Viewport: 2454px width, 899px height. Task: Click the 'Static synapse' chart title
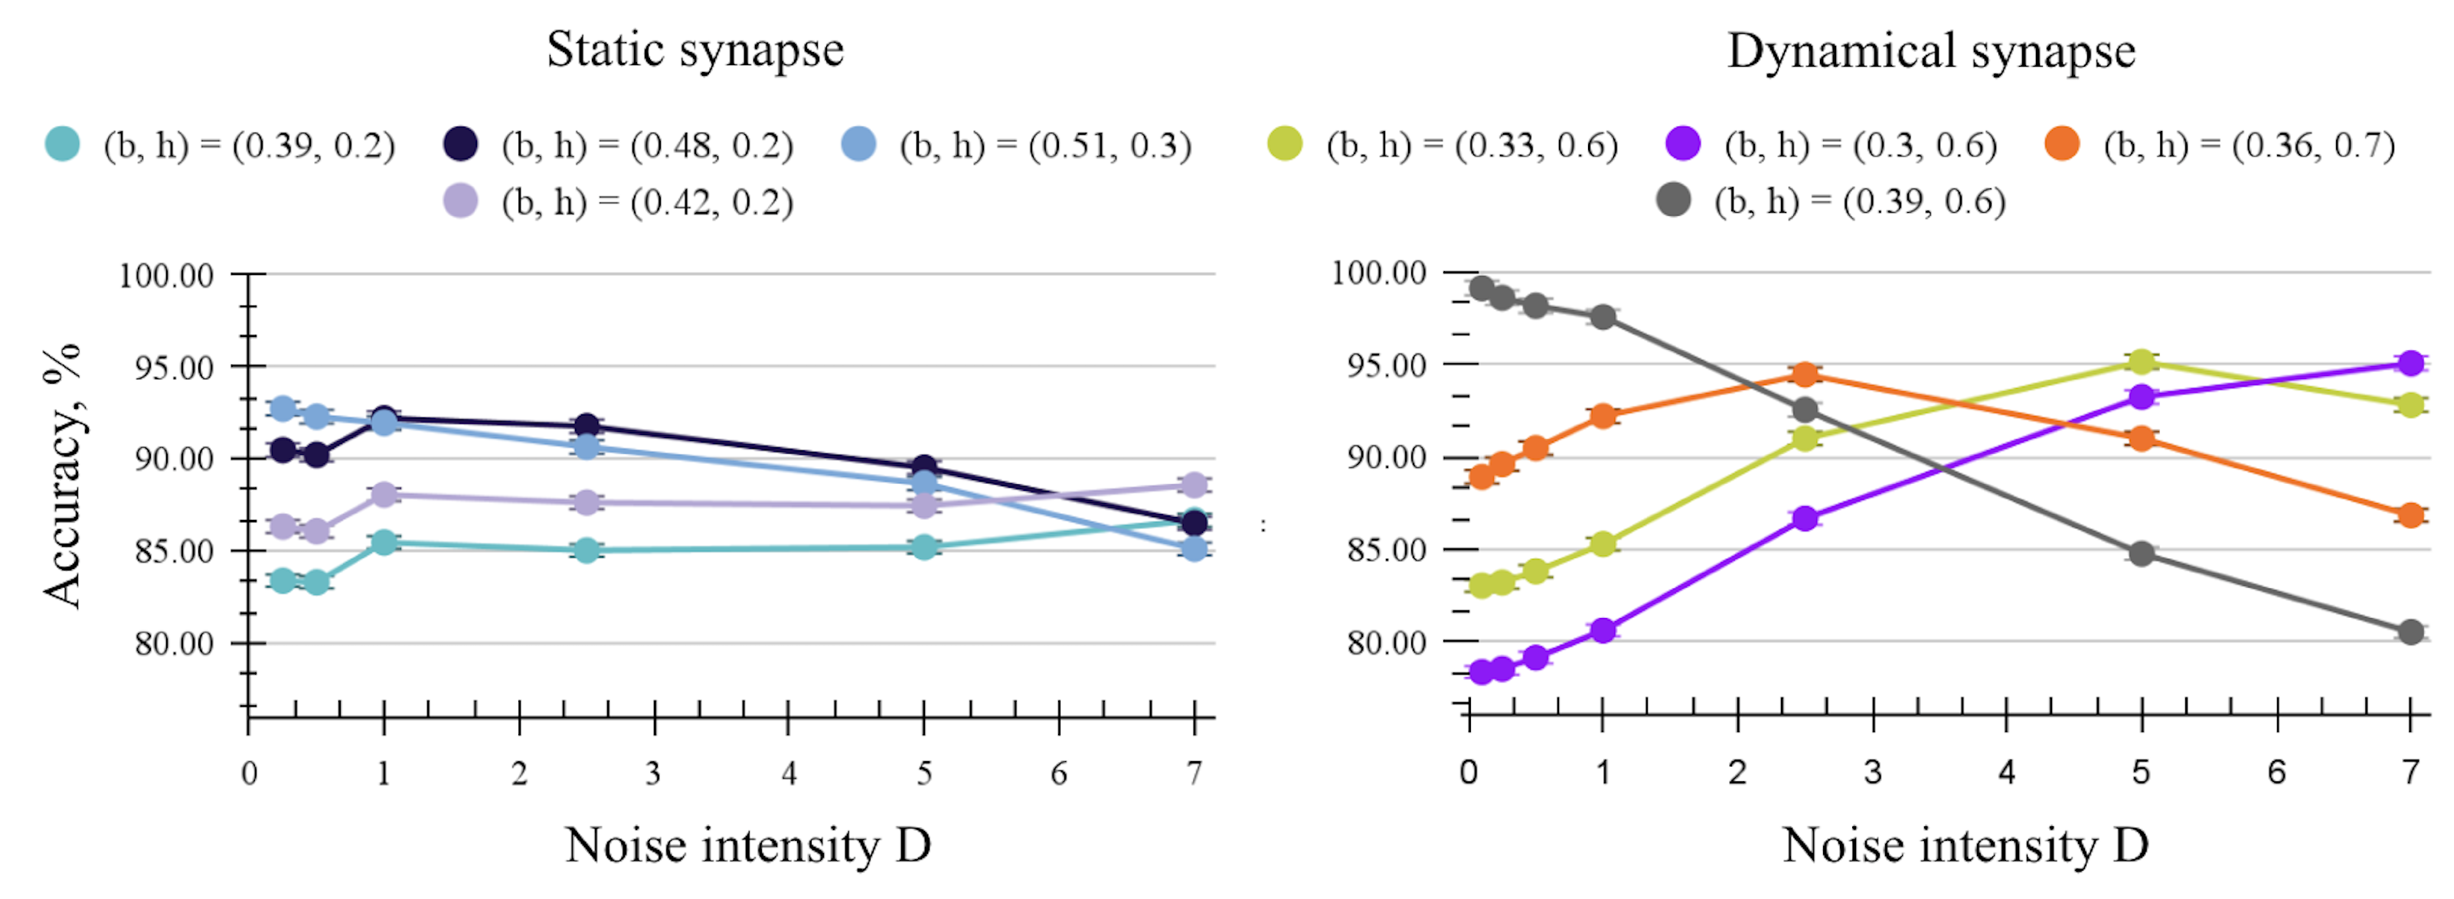pos(695,50)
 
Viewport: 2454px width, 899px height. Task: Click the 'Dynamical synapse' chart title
pos(1931,51)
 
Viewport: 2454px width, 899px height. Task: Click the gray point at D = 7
pos(2411,633)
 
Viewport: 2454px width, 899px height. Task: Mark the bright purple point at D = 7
pos(2411,363)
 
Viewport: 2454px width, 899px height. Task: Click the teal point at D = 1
pos(384,543)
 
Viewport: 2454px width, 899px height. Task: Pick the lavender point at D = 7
pos(1194,485)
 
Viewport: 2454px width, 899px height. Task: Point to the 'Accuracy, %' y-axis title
pos(63,476)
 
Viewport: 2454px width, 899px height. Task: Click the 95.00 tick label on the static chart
pos(173,368)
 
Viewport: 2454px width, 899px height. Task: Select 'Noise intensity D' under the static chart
pos(748,845)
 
